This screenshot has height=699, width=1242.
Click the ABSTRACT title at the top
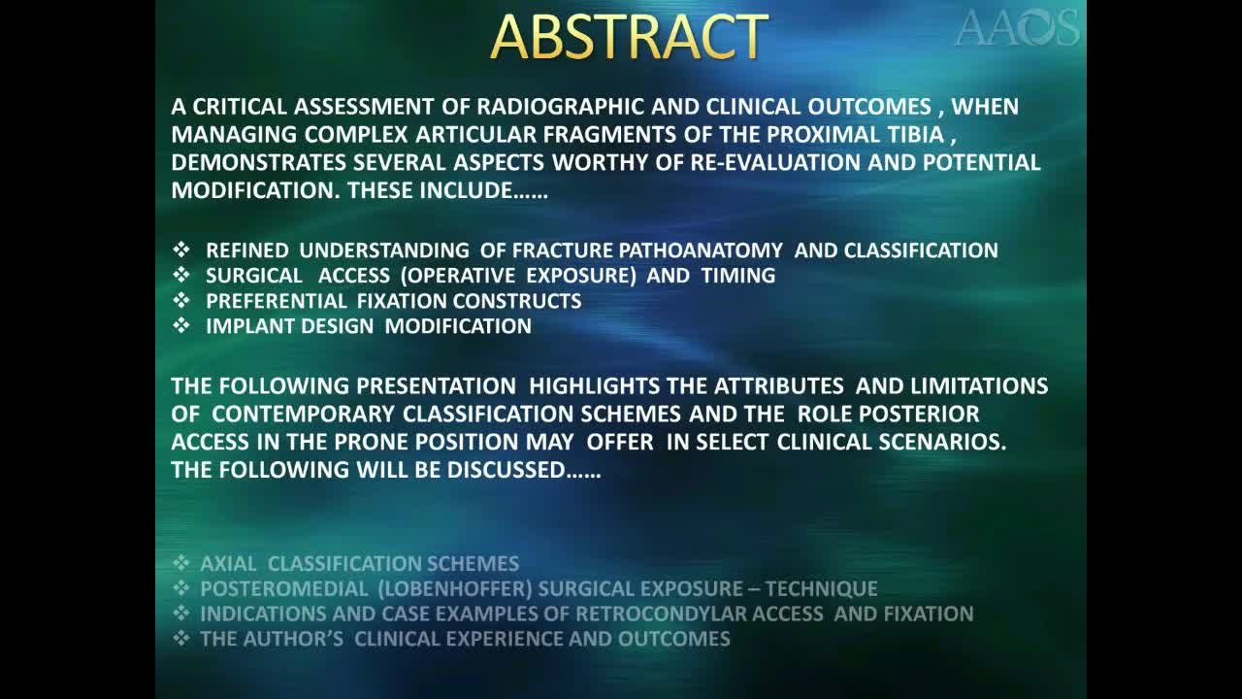[x=629, y=38]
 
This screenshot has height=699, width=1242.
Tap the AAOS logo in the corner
[x=1016, y=27]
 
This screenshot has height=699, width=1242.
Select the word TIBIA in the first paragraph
[x=910, y=134]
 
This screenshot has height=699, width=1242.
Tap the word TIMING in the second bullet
[x=735, y=276]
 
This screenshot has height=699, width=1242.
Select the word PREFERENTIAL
[x=276, y=301]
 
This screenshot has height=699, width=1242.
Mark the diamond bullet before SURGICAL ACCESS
[x=181, y=276]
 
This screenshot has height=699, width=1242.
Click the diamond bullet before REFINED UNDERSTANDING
[x=181, y=250]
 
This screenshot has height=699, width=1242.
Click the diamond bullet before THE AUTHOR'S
[x=181, y=639]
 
